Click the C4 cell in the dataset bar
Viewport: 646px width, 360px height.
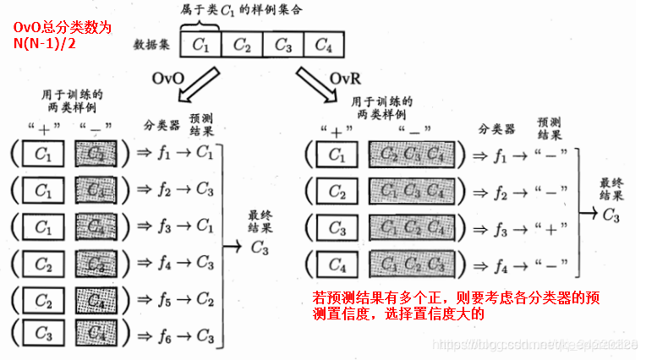click(323, 44)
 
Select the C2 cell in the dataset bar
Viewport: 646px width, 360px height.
click(242, 44)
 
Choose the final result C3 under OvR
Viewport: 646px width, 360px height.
click(610, 213)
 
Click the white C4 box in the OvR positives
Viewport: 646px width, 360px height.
click(336, 265)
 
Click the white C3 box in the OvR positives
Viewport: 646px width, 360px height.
click(336, 228)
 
